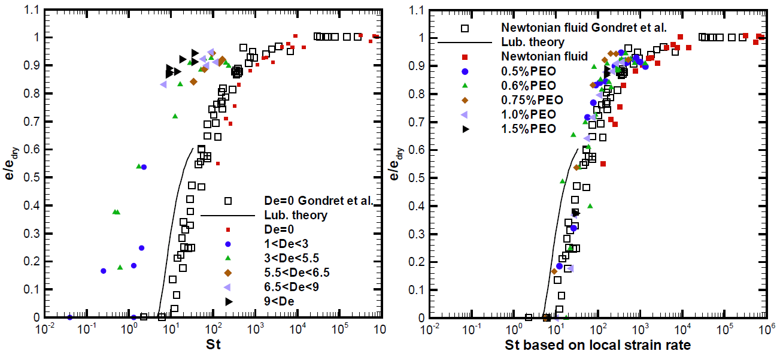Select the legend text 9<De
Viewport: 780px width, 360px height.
(x=280, y=301)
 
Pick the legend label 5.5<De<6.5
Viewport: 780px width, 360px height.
(x=297, y=273)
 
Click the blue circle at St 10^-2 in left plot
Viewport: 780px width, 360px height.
(x=70, y=317)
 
